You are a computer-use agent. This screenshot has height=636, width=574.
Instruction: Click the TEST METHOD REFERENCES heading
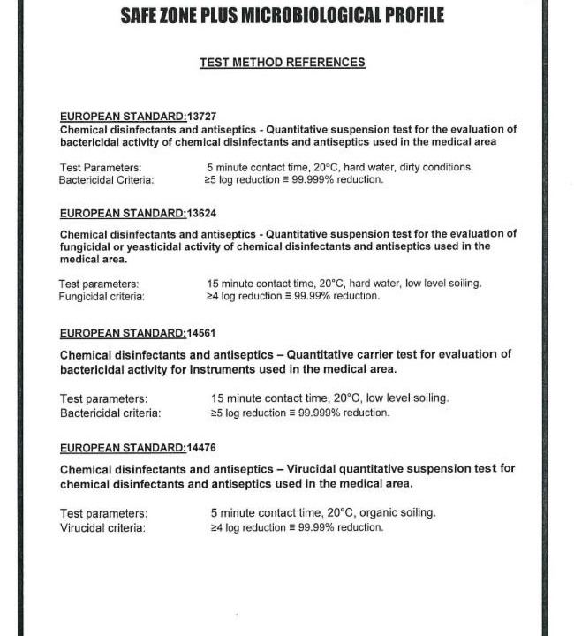click(283, 63)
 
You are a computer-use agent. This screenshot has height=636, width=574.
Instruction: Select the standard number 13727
click(202, 117)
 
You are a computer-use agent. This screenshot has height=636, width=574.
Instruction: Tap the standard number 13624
click(202, 214)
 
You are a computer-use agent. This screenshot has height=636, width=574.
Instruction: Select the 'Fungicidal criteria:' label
click(102, 297)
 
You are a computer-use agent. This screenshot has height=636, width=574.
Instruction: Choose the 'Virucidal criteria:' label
click(102, 528)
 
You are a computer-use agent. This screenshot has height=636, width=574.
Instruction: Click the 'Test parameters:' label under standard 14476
click(103, 513)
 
